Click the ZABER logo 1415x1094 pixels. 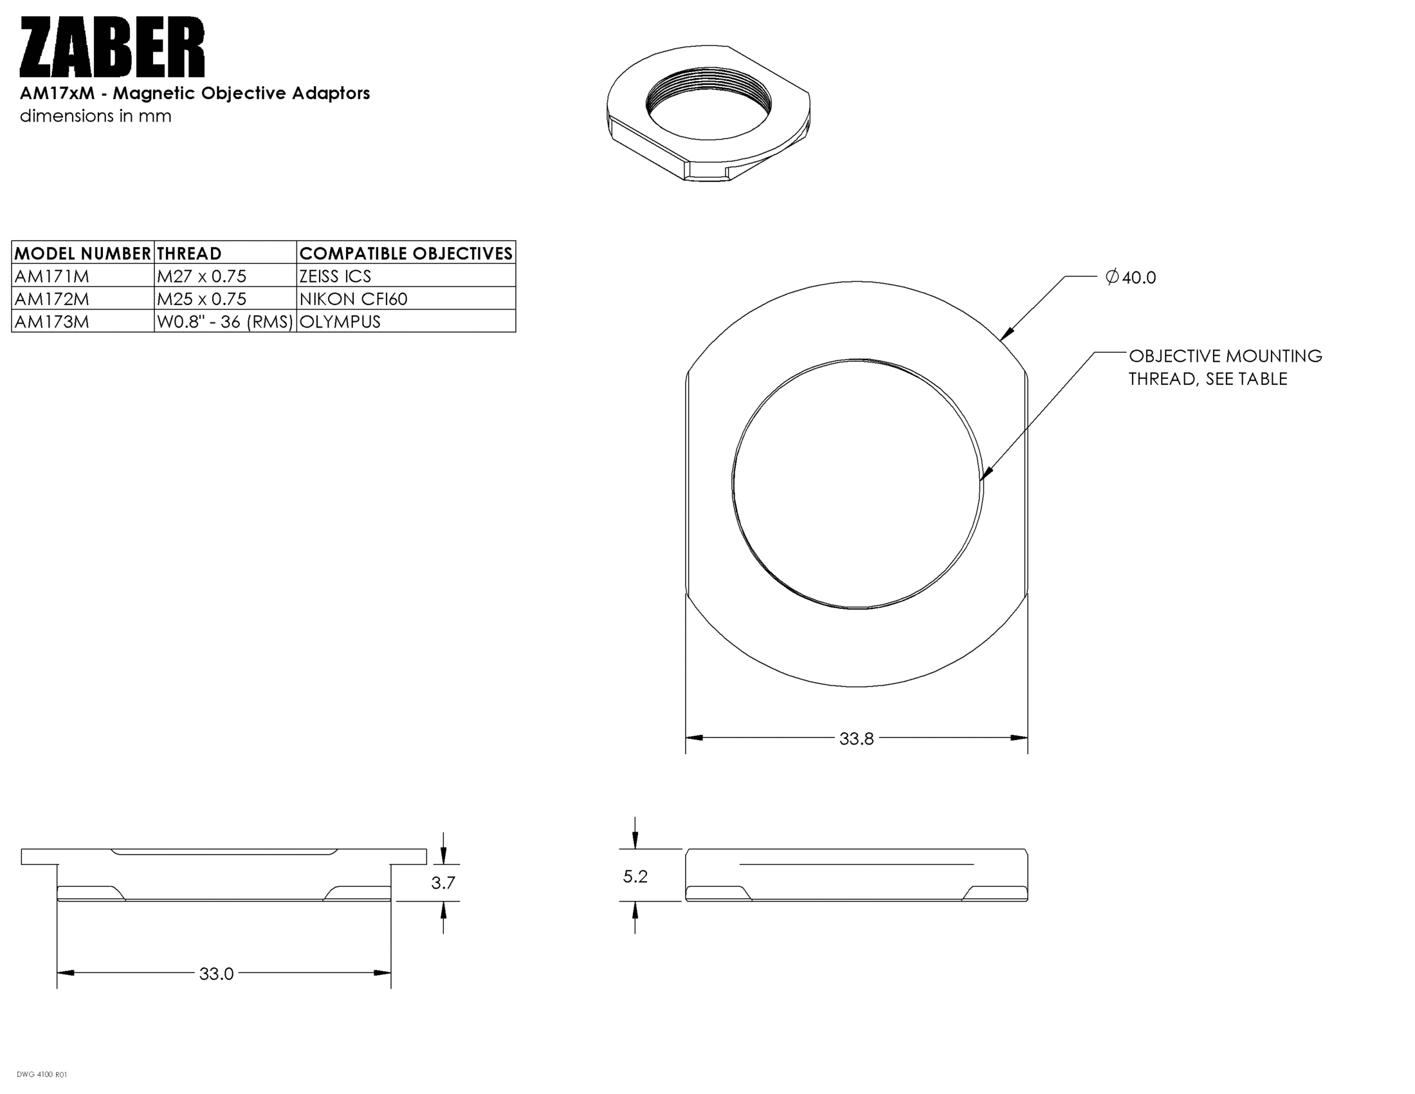[x=112, y=48]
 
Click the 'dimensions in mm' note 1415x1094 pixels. [x=95, y=116]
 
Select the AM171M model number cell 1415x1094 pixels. [x=52, y=276]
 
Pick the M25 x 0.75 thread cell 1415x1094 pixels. [x=201, y=299]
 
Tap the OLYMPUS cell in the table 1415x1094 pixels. [x=340, y=322]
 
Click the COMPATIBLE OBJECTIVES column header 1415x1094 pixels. [x=406, y=254]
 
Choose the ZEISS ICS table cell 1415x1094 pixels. [x=335, y=276]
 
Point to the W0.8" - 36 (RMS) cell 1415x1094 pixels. [x=225, y=322]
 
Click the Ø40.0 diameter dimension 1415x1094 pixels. [x=1131, y=277]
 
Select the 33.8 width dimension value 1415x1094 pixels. [x=856, y=739]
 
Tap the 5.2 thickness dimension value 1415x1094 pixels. [x=635, y=876]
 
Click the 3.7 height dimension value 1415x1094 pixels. [x=443, y=883]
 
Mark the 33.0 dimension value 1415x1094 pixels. [x=216, y=974]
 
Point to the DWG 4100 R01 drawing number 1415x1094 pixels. [x=41, y=1075]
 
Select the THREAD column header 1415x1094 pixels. [x=189, y=254]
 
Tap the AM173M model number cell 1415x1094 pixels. [x=52, y=322]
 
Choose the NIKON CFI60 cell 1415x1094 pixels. [x=353, y=299]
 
